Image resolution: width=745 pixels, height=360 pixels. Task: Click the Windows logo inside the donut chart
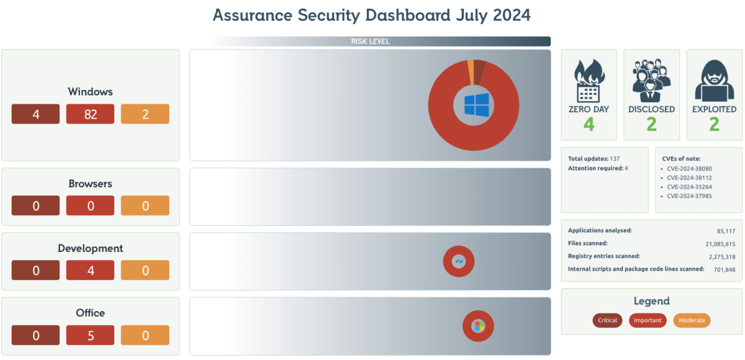477,104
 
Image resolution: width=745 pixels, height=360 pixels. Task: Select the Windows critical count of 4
36,114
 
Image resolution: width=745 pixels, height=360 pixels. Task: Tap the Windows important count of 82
91,114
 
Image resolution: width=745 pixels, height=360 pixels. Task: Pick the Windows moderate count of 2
145,114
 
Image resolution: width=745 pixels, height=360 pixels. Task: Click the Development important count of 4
91,271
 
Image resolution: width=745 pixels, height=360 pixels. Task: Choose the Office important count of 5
91,335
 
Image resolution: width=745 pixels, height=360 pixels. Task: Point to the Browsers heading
91,184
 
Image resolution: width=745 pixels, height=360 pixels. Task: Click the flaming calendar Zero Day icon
589,81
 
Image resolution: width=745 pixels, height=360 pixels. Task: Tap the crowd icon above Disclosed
651,81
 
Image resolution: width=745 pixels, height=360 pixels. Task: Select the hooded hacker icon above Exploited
714,81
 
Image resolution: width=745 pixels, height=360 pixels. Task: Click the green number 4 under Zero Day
589,124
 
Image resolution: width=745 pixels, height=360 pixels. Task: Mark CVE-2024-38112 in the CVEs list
689,177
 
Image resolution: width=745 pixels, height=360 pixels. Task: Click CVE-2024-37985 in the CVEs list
689,196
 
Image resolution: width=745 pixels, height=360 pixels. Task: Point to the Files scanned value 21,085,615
720,244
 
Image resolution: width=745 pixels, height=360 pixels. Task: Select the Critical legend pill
607,320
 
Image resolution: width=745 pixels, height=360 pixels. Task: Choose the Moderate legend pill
692,320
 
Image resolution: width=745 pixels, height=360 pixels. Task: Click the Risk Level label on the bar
370,42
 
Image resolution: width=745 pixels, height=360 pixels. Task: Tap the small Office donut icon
478,326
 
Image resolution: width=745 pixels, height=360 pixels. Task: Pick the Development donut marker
459,262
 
